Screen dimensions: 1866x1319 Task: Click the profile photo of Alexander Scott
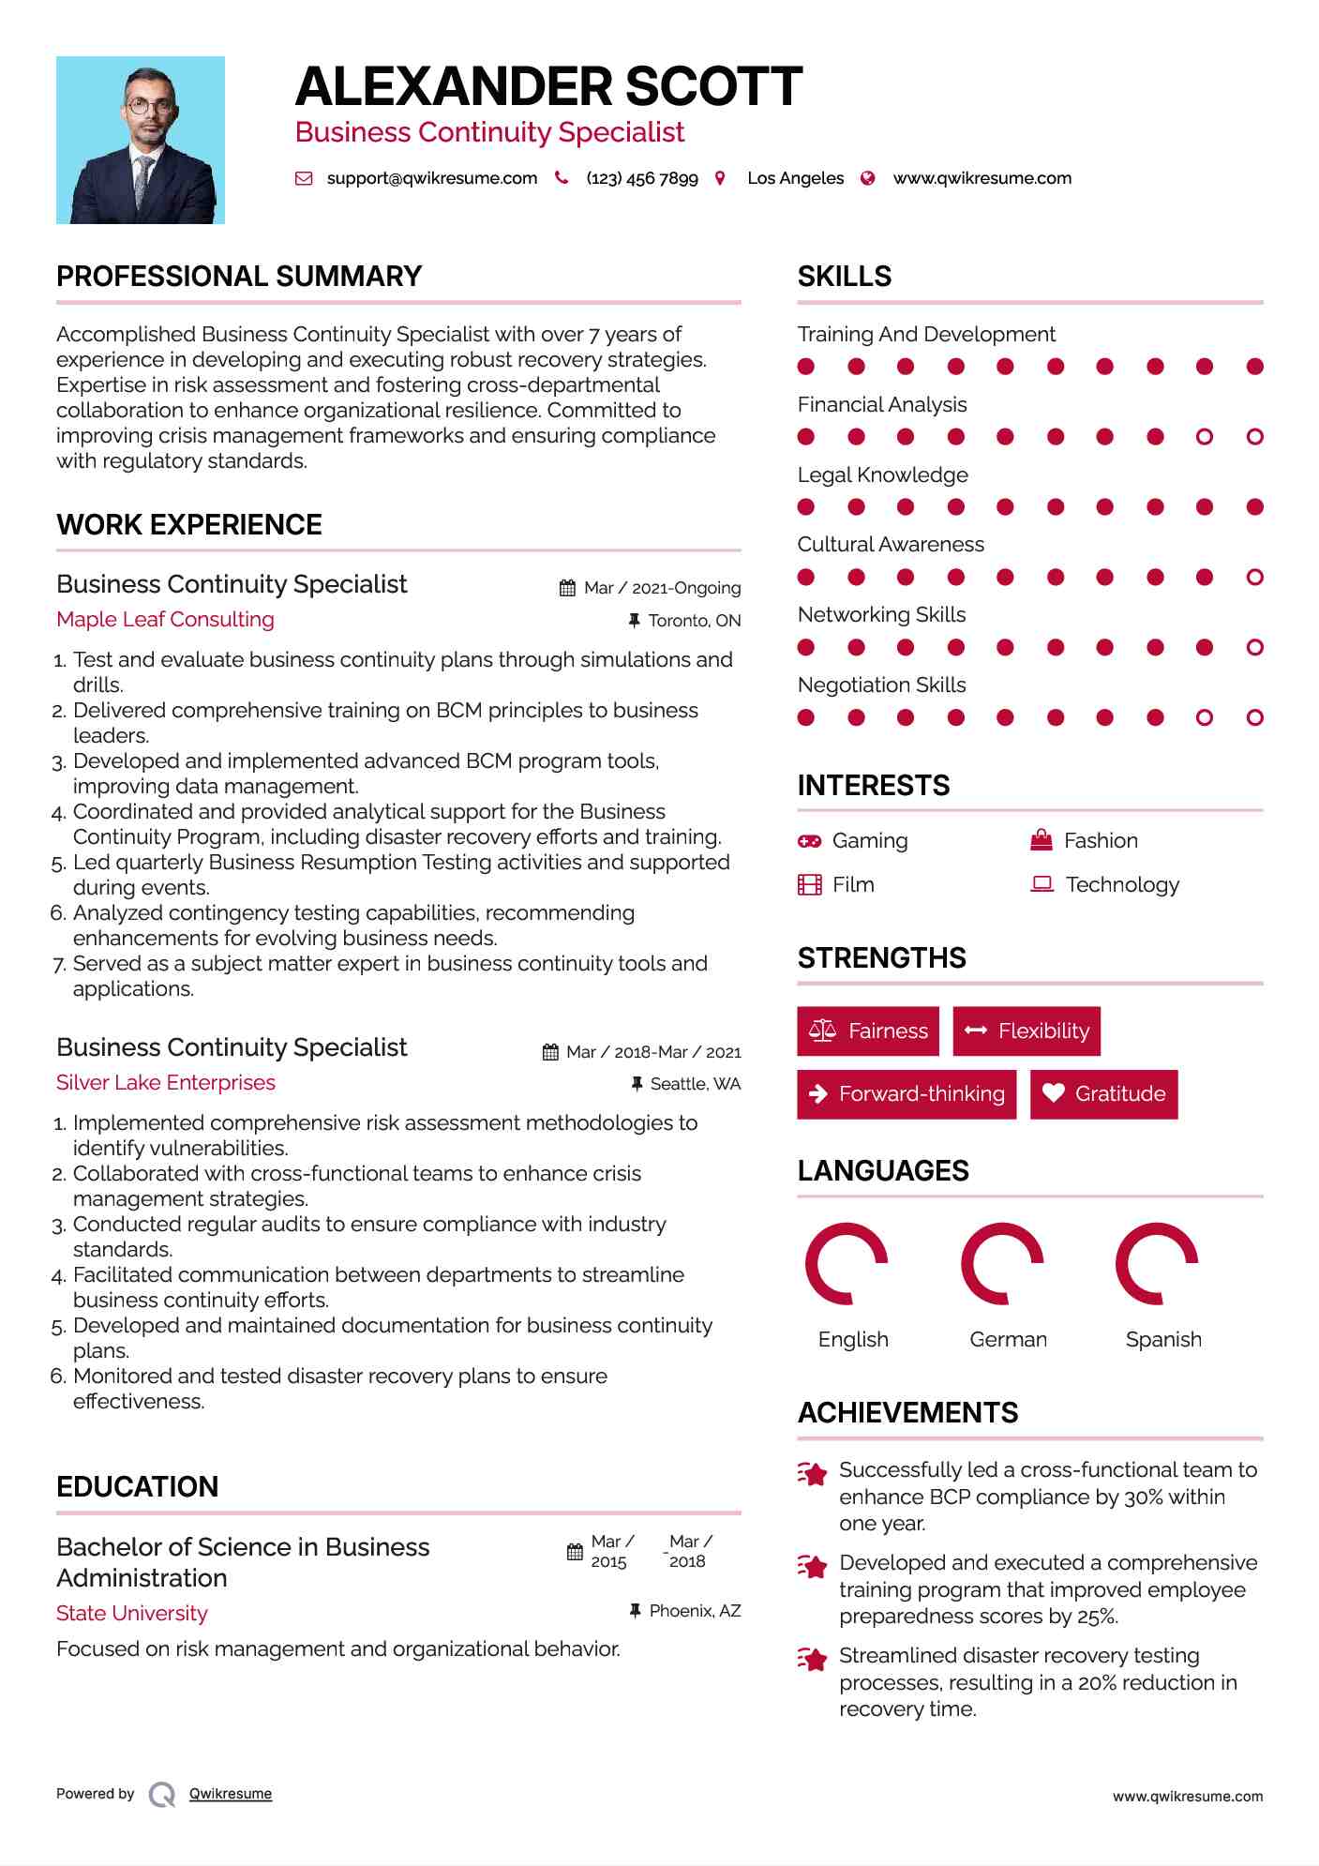point(141,141)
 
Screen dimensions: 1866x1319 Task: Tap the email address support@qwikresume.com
point(431,178)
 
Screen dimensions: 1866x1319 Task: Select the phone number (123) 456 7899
point(642,178)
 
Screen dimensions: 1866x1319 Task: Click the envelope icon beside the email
point(304,178)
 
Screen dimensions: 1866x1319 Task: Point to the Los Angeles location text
point(795,178)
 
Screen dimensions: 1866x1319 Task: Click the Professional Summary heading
point(239,277)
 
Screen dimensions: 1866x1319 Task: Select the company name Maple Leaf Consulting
point(165,620)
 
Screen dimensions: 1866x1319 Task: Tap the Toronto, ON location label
point(694,621)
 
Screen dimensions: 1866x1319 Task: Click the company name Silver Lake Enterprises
point(166,1083)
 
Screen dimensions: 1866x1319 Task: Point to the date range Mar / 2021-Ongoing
point(662,588)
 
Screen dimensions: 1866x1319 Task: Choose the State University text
point(132,1613)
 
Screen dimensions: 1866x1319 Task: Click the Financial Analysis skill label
point(882,405)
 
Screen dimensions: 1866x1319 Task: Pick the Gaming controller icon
point(809,841)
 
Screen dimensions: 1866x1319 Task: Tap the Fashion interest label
point(1101,841)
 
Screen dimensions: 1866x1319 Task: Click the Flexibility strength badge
point(1027,1031)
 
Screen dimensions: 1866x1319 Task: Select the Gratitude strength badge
point(1103,1094)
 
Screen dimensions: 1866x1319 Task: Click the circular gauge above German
point(1003,1264)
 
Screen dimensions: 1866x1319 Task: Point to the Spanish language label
point(1163,1340)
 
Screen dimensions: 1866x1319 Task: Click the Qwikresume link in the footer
point(231,1794)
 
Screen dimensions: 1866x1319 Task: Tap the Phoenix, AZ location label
point(695,1611)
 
